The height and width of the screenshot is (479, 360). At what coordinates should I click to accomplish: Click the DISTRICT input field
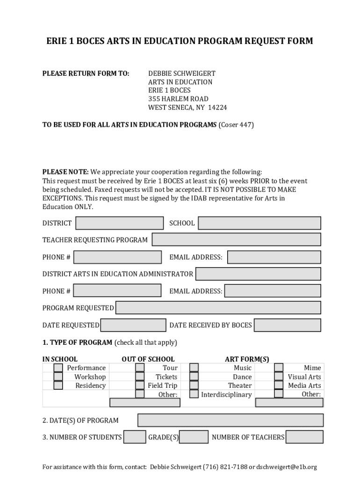[x=119, y=223]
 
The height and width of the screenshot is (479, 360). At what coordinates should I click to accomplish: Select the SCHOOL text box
[x=259, y=223]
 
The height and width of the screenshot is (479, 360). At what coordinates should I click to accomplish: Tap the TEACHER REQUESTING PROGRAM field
[x=236, y=239]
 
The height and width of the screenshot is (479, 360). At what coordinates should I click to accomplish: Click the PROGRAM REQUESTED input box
[x=218, y=308]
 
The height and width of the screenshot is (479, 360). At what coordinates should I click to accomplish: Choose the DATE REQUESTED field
[x=133, y=325]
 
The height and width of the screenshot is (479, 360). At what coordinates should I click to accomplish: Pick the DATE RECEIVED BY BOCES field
[x=287, y=325]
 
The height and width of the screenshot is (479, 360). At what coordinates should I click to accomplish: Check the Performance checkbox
[x=58, y=368]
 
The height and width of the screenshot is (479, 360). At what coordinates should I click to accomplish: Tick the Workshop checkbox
[x=58, y=377]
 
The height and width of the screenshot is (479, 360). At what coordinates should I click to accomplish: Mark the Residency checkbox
[x=58, y=385]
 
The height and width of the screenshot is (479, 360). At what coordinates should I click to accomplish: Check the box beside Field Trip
[x=140, y=385]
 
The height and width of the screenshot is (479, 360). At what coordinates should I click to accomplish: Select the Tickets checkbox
[x=140, y=377]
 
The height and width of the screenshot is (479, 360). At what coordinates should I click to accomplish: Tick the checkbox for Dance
[x=194, y=377]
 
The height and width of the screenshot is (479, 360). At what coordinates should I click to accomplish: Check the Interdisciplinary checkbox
[x=194, y=394]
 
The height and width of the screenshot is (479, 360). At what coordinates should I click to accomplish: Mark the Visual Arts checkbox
[x=279, y=377]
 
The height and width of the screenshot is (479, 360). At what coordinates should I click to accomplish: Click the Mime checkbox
[x=279, y=368]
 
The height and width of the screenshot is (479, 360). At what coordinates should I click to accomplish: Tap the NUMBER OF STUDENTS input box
[x=135, y=437]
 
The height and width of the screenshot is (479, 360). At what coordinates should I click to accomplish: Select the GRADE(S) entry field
[x=194, y=437]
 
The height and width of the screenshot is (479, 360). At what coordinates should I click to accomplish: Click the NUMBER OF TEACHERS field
[x=304, y=437]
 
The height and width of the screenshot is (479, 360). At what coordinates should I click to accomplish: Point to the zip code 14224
[x=217, y=108]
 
